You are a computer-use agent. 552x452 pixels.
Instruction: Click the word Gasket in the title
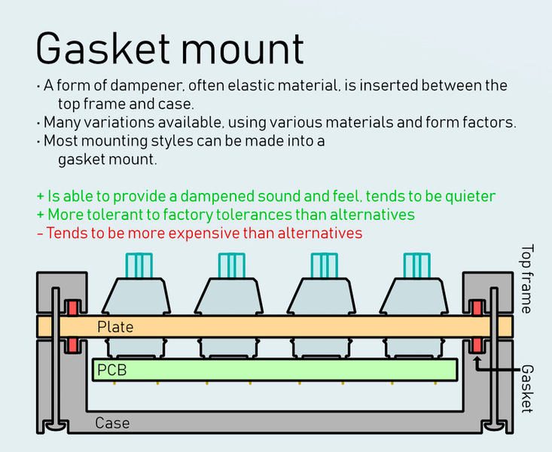[103, 49]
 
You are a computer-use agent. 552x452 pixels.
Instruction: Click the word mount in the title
[242, 49]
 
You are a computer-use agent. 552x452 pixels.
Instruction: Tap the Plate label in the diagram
[115, 327]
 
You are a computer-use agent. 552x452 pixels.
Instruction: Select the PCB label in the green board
[112, 370]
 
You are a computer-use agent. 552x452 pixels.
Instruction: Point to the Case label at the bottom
[112, 423]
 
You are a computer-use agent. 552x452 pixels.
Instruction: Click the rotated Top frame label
[527, 279]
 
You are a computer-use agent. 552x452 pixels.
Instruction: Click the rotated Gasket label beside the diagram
[527, 388]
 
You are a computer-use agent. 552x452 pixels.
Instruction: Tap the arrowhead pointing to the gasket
[477, 359]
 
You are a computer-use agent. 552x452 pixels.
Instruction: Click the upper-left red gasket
[73, 308]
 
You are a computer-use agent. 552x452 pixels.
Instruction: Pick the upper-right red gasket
[477, 308]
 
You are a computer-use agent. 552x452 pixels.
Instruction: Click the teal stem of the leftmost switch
[139, 266]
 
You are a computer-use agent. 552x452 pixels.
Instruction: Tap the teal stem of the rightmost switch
[416, 266]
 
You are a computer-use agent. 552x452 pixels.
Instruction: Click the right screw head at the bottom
[494, 426]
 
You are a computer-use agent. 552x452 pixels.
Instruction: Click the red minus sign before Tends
[40, 234]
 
